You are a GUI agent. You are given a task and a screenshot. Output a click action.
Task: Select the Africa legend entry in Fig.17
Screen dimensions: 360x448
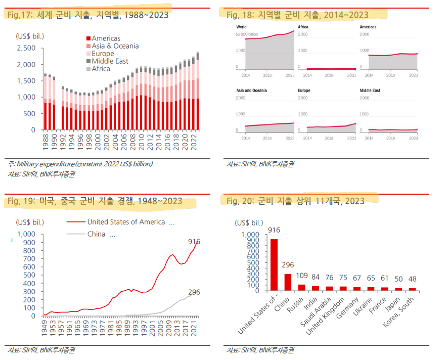[101, 69]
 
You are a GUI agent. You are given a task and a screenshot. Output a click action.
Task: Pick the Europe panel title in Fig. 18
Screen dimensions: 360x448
[304, 91]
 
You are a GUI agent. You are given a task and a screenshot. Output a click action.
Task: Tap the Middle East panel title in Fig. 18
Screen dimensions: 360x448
[370, 91]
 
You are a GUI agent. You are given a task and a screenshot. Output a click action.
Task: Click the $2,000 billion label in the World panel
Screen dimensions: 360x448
[247, 34]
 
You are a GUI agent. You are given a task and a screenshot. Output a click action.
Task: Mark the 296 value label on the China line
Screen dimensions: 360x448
[195, 292]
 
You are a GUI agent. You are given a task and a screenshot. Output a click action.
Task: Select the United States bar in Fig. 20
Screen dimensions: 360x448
[274, 264]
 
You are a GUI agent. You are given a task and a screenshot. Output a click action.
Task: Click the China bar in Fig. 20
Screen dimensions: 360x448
[288, 282]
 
